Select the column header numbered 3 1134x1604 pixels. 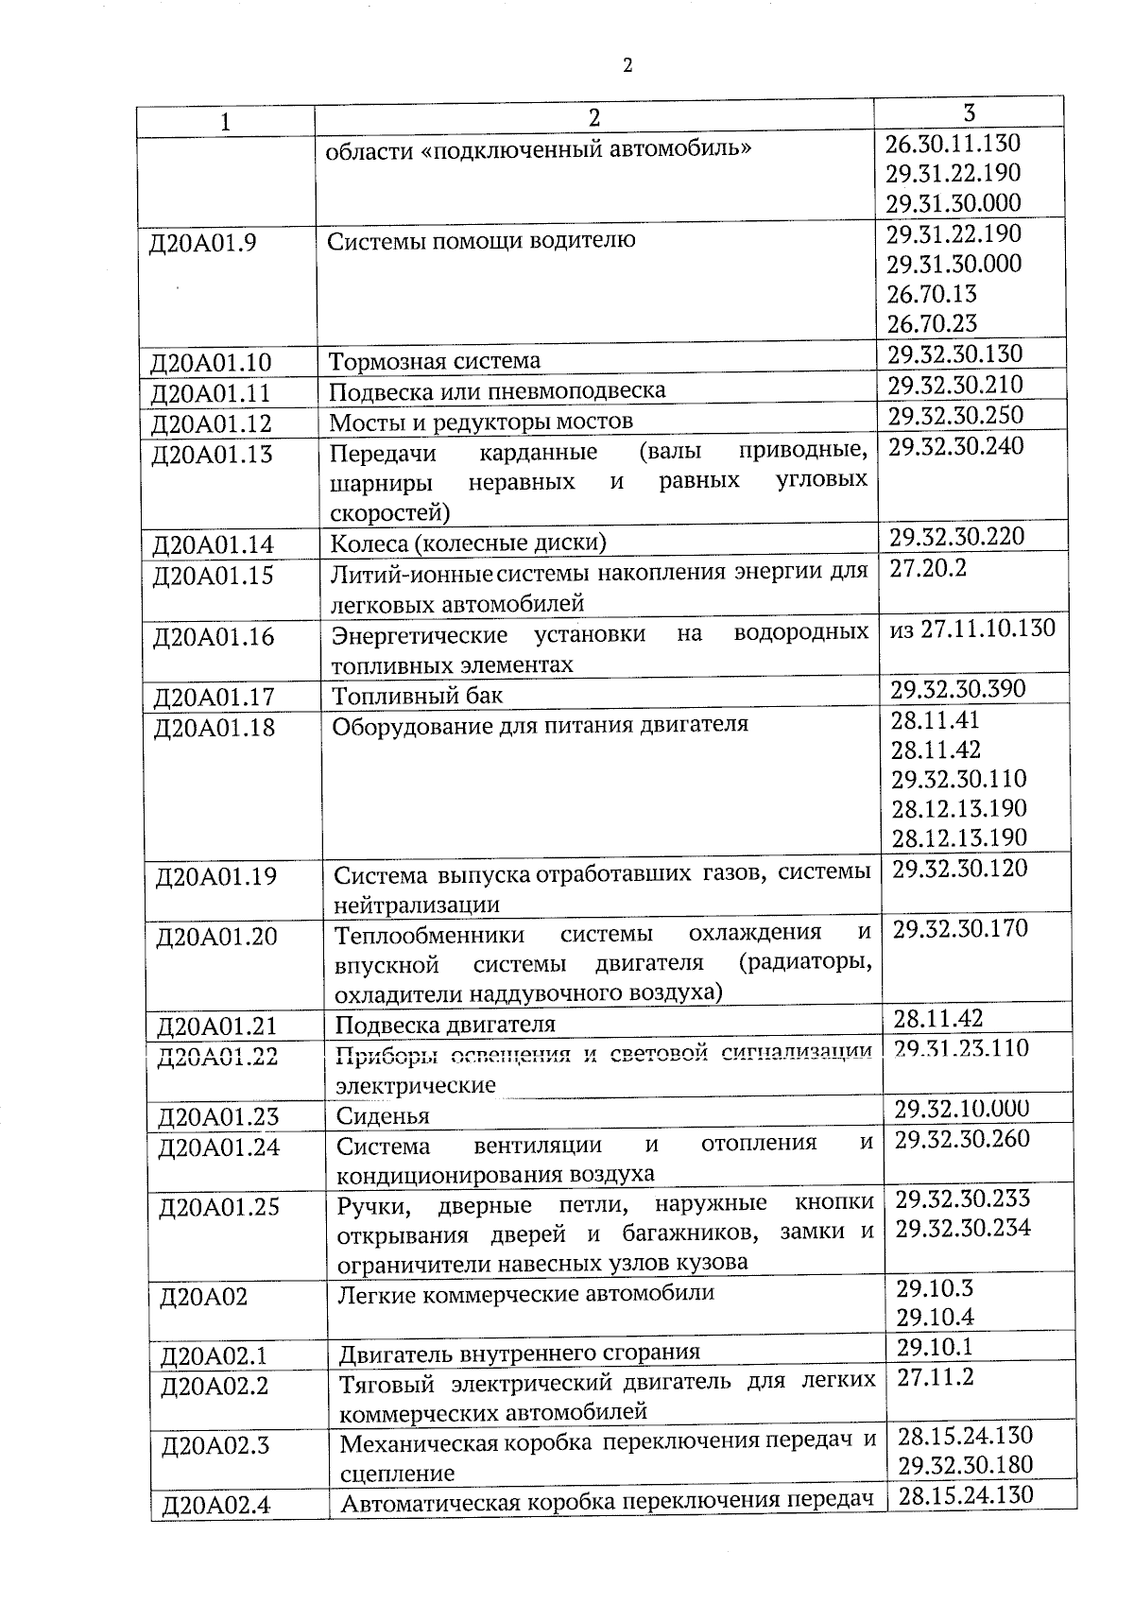pos(969,112)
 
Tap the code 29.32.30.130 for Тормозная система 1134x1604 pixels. pos(955,354)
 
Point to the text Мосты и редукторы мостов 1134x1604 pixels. pos(481,421)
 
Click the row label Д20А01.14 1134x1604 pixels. pos(213,544)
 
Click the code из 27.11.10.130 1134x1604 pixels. pos(972,629)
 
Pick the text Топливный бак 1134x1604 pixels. pos(417,697)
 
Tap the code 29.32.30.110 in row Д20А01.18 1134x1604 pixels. pos(959,779)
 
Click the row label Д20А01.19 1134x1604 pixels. pos(216,876)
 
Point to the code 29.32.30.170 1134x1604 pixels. pos(960,929)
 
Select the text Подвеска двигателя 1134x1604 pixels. pos(445,1025)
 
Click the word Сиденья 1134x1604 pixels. pos(383,1116)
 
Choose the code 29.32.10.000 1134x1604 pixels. pos(962,1109)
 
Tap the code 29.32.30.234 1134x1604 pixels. pos(963,1229)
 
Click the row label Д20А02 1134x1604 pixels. pos(203,1297)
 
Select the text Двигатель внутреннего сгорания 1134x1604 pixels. pos(520,1352)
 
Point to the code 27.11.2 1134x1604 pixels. pos(935,1377)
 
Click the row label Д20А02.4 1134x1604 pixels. pos(216,1505)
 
